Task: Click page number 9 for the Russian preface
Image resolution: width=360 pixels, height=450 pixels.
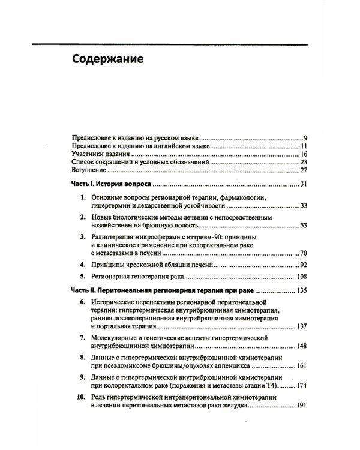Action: [305, 137]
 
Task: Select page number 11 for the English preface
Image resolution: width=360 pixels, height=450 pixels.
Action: [304, 146]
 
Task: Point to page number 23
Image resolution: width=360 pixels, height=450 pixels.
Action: [304, 163]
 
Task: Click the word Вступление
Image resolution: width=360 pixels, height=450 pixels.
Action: [88, 171]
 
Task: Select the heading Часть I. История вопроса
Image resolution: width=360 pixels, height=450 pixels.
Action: [111, 183]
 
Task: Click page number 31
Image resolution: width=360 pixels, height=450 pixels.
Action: [304, 184]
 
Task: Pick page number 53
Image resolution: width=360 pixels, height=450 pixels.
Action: [304, 225]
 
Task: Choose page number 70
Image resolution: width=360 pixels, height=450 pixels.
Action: [304, 254]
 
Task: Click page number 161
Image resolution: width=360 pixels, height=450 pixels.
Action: [302, 366]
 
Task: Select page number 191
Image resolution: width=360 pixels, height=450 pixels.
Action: [302, 406]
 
